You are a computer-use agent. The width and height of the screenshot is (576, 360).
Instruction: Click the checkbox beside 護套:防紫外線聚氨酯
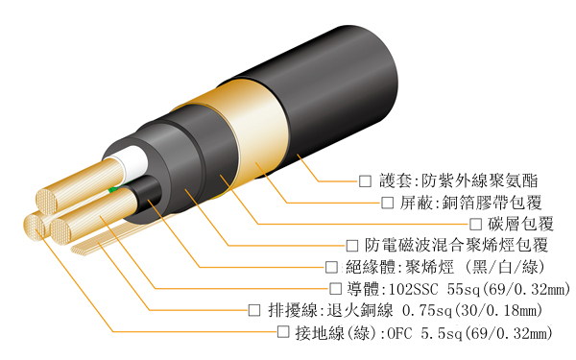click(365, 180)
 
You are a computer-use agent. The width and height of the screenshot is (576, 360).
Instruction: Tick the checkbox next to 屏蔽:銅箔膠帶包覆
click(387, 203)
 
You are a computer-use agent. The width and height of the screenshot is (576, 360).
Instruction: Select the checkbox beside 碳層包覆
click(475, 224)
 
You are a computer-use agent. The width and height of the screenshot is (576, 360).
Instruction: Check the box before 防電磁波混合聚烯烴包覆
click(352, 246)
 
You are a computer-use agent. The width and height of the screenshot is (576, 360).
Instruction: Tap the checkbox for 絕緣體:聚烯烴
click(331, 267)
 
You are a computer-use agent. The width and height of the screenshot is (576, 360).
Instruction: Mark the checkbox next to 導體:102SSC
click(335, 289)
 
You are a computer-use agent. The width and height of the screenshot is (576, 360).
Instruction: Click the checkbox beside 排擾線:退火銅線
click(254, 310)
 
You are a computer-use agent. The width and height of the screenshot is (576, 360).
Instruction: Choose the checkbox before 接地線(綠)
click(283, 332)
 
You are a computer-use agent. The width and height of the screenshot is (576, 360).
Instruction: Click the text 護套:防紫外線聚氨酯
click(459, 180)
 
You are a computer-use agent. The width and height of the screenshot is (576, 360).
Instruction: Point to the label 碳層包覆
click(520, 224)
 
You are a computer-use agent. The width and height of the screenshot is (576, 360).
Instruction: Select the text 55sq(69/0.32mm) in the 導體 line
click(509, 289)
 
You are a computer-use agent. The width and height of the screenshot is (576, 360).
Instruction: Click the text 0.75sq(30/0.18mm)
click(472, 311)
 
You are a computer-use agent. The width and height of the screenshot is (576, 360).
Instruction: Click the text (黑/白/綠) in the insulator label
click(505, 267)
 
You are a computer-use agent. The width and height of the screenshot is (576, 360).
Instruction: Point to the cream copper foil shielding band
click(250, 132)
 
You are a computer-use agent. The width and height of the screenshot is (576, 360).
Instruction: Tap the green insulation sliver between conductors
click(112, 189)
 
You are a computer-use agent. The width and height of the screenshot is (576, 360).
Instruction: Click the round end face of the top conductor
click(47, 202)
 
